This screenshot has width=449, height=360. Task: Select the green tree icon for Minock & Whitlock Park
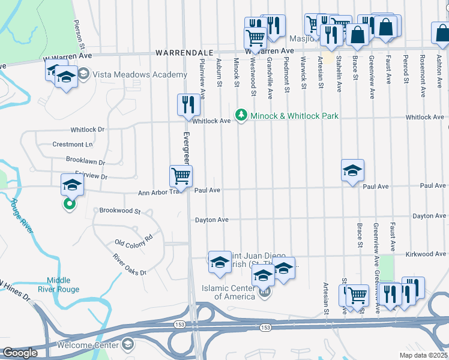point(241,113)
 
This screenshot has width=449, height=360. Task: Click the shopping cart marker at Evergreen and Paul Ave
point(181,176)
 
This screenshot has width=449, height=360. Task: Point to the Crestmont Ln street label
point(73,145)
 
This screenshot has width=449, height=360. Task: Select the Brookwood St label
point(119,211)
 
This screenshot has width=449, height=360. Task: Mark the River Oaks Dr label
point(130,265)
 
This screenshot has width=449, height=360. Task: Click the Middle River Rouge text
point(63,284)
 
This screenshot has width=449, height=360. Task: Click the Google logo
point(20,353)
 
